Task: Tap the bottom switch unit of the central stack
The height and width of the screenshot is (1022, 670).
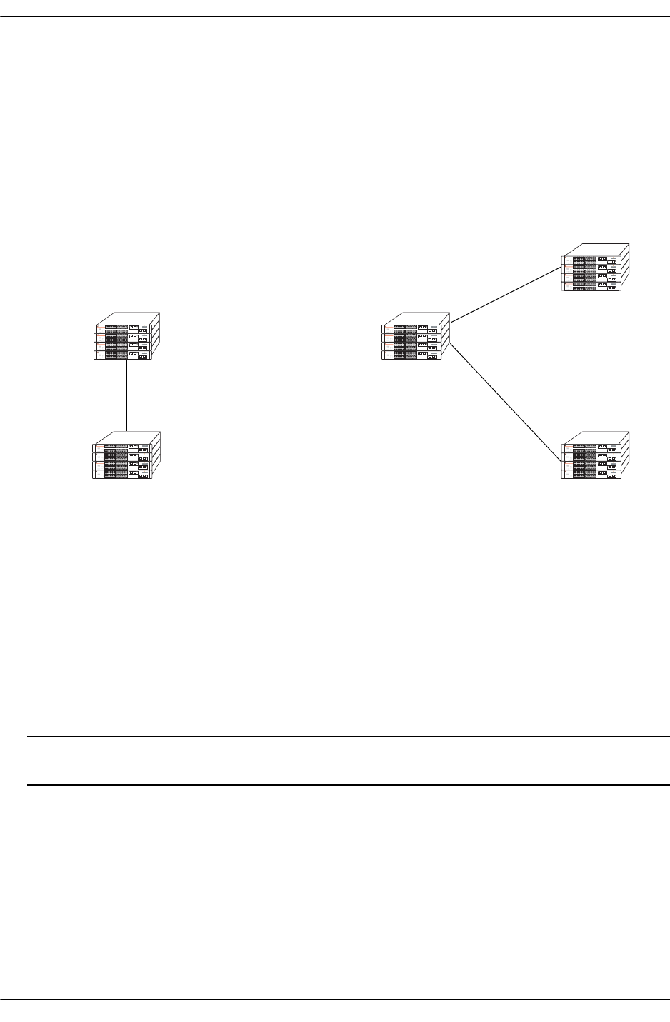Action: point(411,355)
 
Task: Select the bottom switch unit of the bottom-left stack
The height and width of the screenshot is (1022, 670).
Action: point(121,474)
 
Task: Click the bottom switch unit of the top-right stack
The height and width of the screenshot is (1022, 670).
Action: point(591,287)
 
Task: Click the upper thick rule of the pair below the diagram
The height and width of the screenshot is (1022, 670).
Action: point(348,737)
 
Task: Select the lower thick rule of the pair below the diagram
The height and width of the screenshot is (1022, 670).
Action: point(348,786)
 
